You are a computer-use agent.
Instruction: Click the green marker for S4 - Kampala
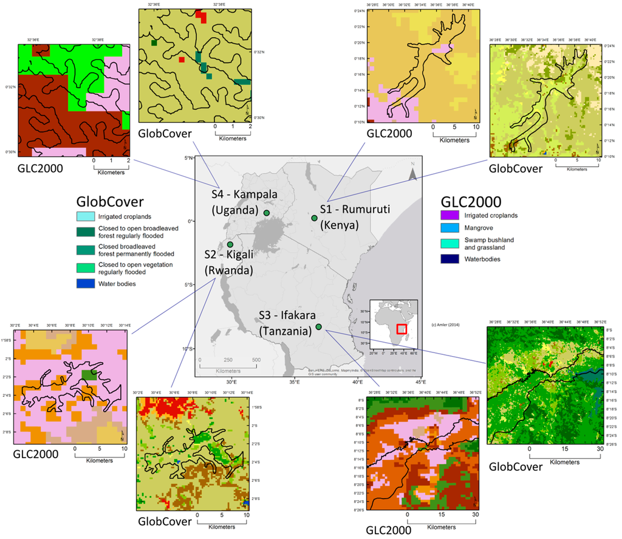(267, 213)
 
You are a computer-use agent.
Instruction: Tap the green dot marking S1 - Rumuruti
(314, 218)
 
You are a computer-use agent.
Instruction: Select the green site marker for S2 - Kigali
(230, 244)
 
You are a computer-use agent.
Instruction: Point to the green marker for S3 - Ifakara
(319, 327)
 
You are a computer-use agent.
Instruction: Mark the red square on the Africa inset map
(402, 328)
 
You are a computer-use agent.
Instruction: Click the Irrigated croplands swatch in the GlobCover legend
(86, 216)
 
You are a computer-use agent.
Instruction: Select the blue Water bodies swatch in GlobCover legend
(86, 283)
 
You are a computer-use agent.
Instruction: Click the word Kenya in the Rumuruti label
(340, 224)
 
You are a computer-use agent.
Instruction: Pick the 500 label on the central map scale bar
(256, 360)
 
